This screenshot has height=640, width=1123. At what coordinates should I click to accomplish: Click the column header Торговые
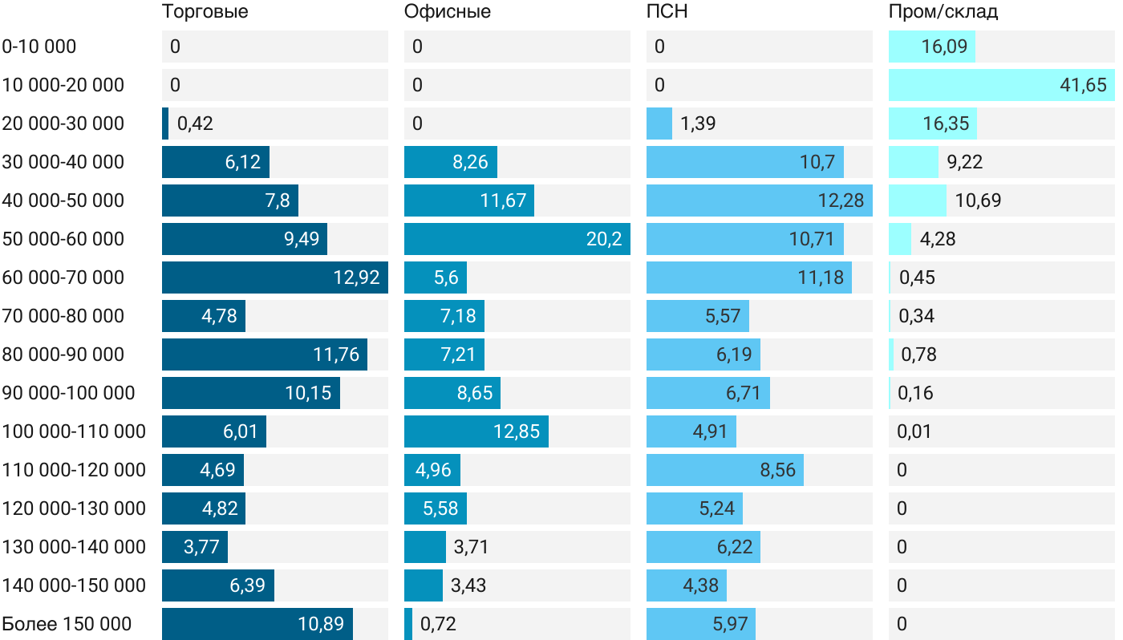point(205,12)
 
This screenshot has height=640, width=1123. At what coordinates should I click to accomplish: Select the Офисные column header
point(447,12)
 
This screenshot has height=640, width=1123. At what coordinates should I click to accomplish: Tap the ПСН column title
point(667,12)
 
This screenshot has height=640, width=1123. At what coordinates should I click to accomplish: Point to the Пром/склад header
point(943,12)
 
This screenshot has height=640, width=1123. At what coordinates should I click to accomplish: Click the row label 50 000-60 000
point(63,239)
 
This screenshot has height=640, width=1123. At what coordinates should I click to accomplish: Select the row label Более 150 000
point(67,624)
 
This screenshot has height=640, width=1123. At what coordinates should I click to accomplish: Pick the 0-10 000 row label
point(39,47)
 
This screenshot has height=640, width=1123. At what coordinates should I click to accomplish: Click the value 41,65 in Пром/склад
point(1083,85)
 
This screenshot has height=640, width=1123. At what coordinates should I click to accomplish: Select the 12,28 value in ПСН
point(841,201)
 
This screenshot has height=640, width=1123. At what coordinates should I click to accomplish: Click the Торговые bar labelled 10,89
point(257,624)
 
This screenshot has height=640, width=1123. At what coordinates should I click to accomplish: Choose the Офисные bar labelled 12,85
point(476,431)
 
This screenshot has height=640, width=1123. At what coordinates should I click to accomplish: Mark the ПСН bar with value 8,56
point(725,470)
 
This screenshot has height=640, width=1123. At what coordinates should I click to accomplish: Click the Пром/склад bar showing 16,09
point(931,47)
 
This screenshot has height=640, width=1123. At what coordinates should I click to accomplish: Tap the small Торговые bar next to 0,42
point(165,124)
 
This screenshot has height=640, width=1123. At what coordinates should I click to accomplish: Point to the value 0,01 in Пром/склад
point(914,431)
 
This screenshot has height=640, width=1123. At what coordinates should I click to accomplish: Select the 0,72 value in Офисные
point(438,624)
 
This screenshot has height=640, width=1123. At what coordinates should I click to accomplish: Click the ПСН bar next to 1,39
point(659,124)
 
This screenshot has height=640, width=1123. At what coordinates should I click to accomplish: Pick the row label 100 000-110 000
point(74,431)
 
